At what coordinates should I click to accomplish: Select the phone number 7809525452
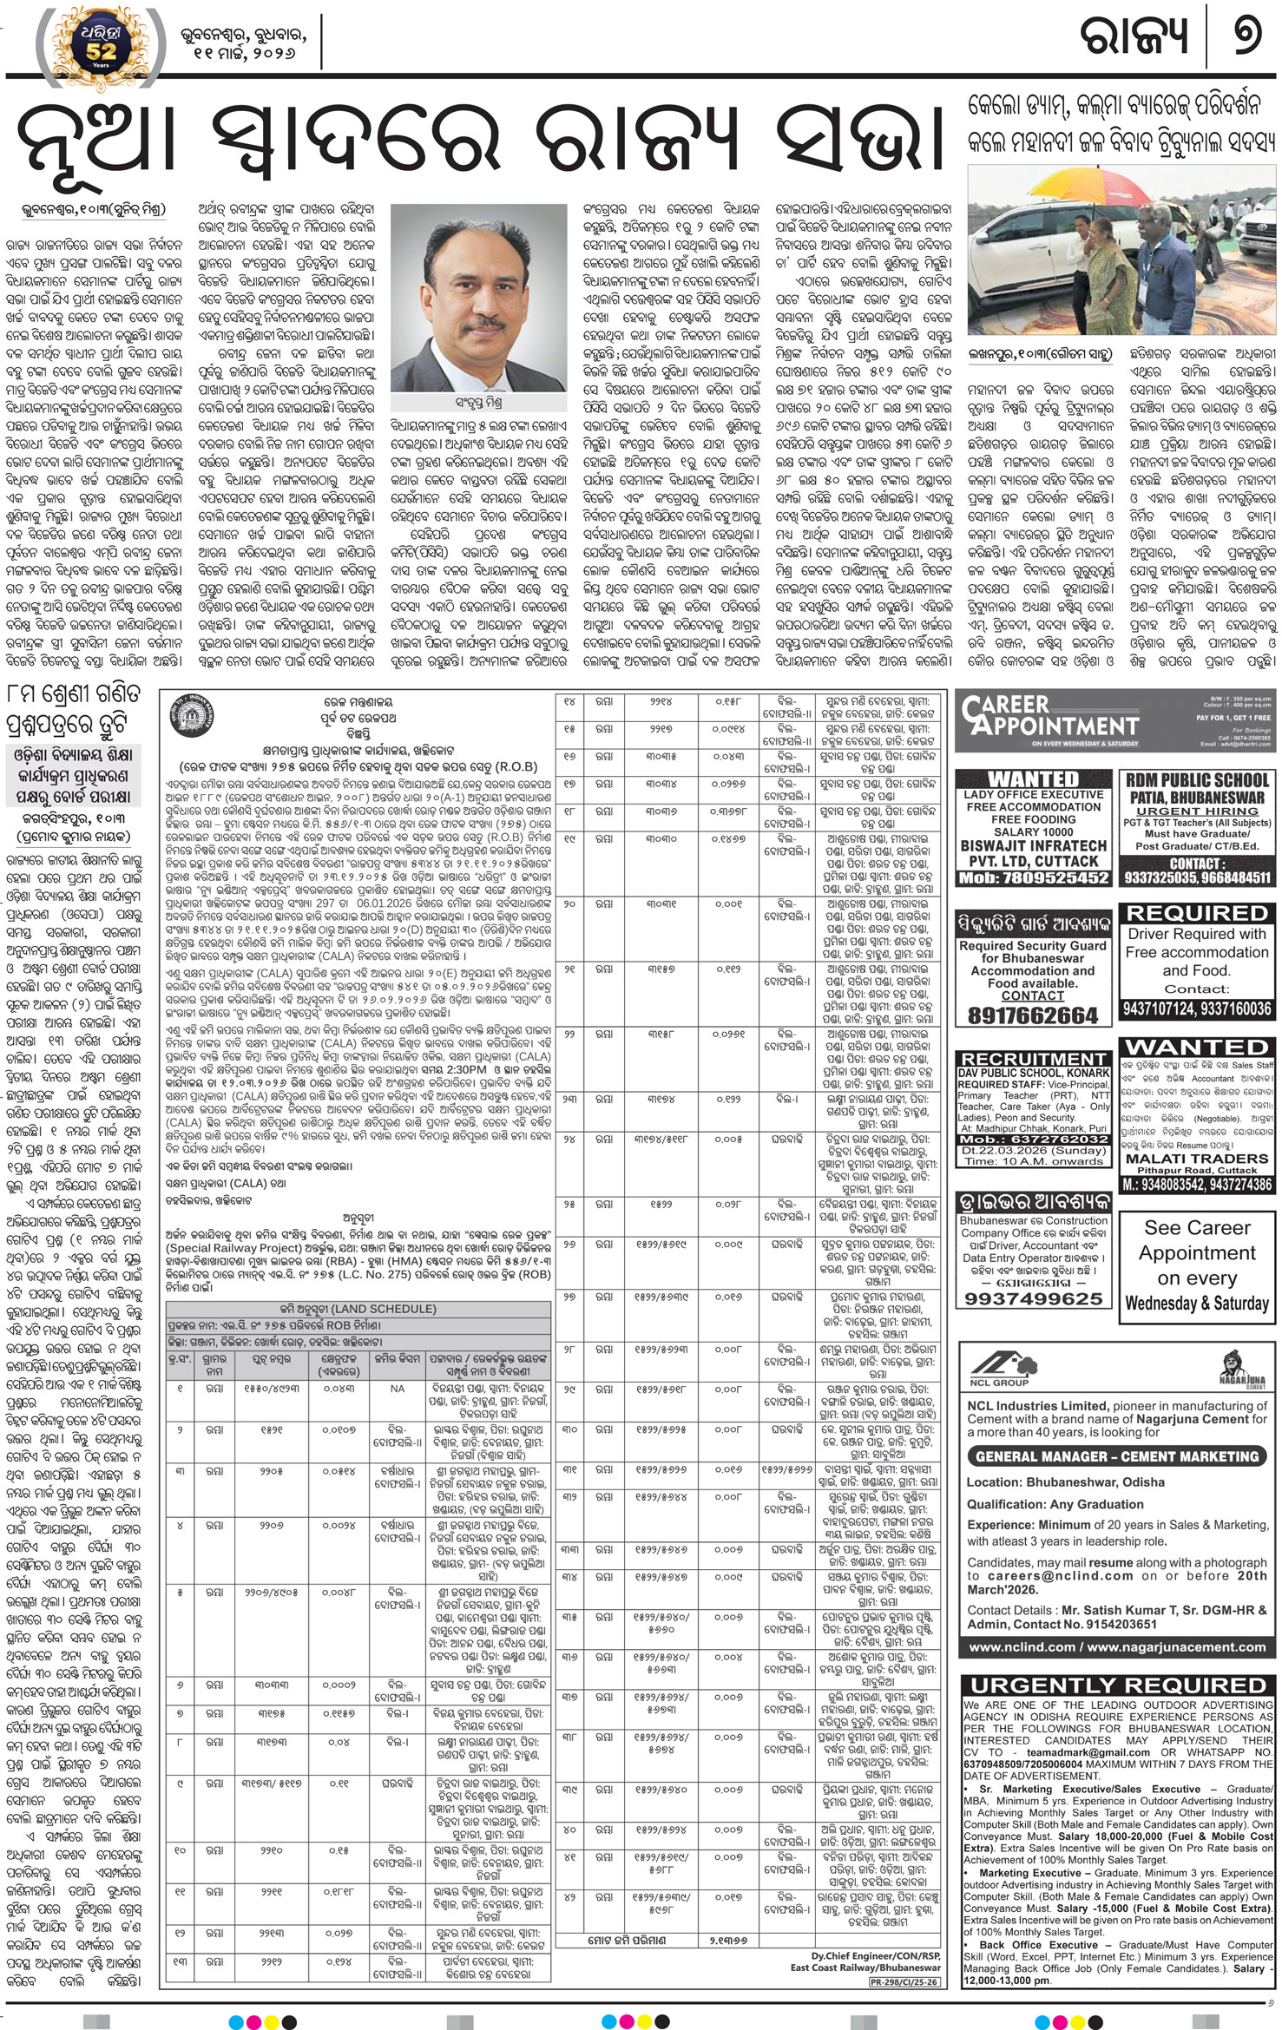(1033, 877)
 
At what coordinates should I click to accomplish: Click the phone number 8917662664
(1032, 1015)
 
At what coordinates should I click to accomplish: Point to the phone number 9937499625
(1033, 1298)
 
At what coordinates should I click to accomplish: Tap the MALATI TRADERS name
(1197, 1159)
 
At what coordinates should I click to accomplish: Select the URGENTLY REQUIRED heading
(1117, 1685)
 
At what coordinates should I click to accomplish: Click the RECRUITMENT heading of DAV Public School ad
(1033, 1059)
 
